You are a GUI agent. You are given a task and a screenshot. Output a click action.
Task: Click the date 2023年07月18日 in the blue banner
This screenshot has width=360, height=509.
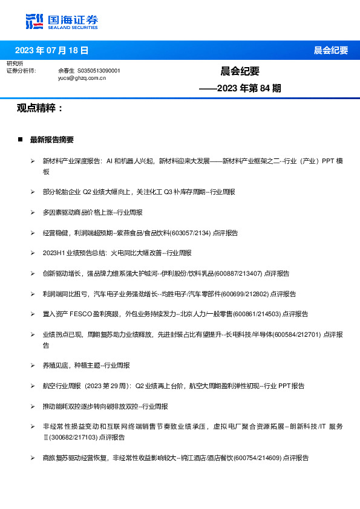click(51, 50)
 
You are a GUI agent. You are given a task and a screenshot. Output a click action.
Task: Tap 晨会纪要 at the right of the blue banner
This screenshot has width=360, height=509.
click(330, 50)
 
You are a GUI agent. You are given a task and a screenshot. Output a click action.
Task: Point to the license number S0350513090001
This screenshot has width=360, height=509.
click(99, 71)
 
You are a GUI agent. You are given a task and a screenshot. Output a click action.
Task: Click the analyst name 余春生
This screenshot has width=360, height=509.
click(66, 71)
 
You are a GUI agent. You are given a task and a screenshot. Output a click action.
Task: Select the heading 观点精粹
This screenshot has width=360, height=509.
click(40, 108)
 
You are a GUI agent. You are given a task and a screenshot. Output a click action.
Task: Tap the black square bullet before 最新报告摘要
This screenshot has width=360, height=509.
click(21, 140)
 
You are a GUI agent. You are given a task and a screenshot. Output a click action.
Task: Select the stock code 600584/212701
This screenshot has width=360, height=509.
click(298, 334)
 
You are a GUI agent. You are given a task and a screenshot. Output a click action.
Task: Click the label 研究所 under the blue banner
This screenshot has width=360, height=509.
click(15, 63)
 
